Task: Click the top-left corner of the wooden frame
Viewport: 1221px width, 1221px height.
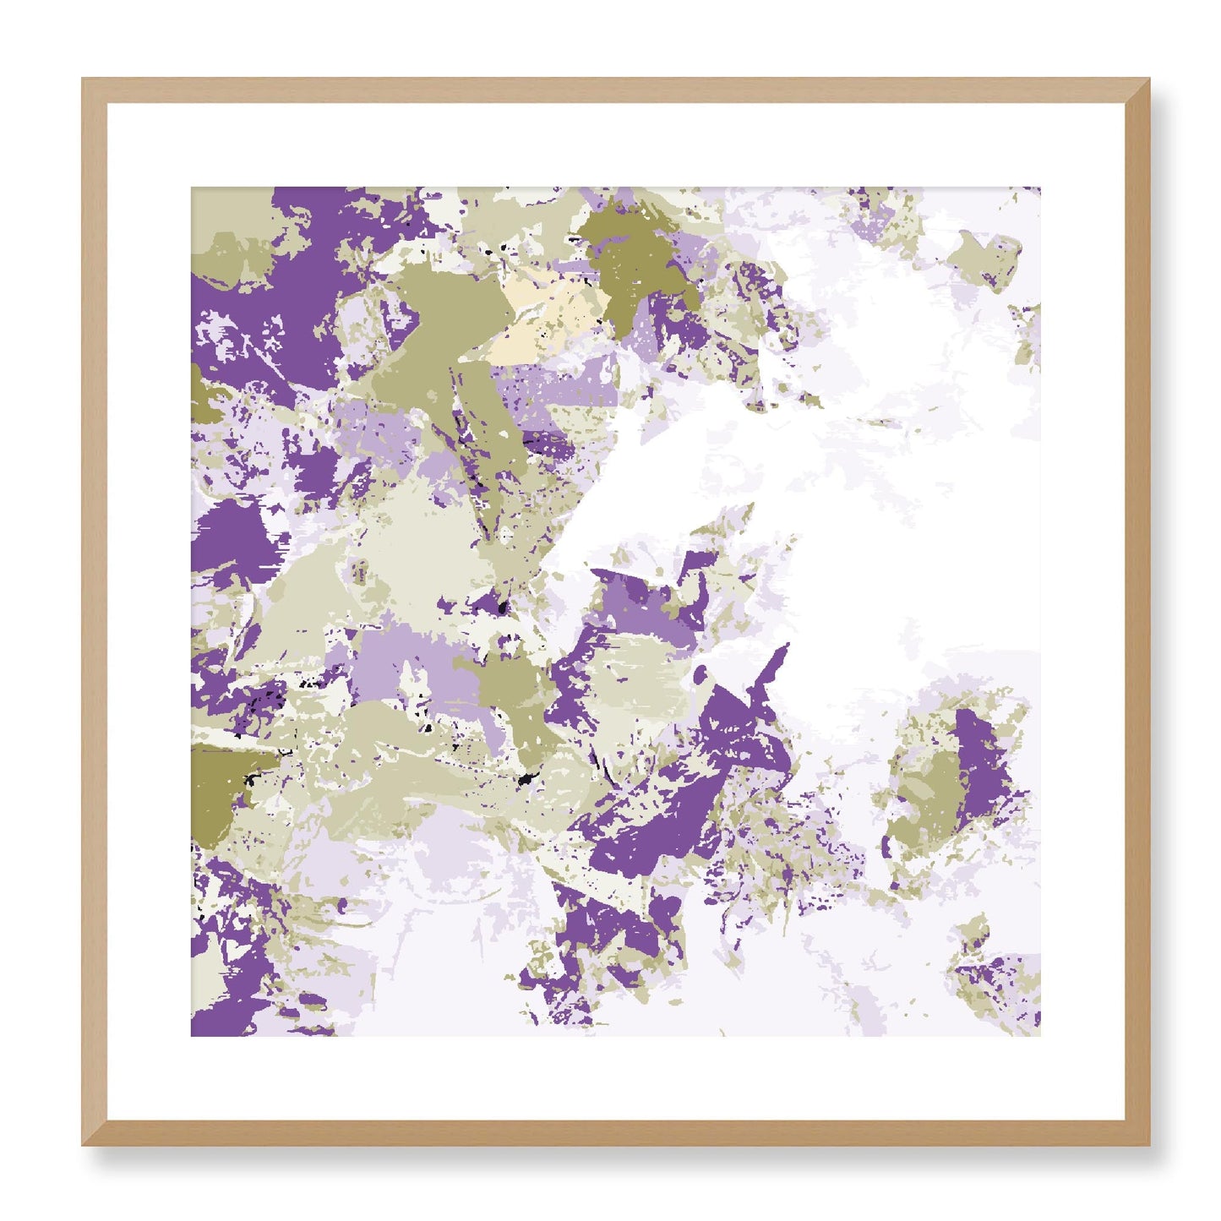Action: [x=83, y=79]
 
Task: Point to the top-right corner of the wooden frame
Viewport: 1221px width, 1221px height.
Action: [x=1148, y=79]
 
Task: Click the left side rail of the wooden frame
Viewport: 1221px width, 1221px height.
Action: [x=94, y=612]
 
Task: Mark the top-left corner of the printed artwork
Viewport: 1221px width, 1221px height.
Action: [x=192, y=188]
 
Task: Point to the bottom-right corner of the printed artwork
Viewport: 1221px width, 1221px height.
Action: [x=1039, y=1036]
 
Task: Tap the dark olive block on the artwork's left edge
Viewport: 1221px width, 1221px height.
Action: [x=221, y=786]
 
